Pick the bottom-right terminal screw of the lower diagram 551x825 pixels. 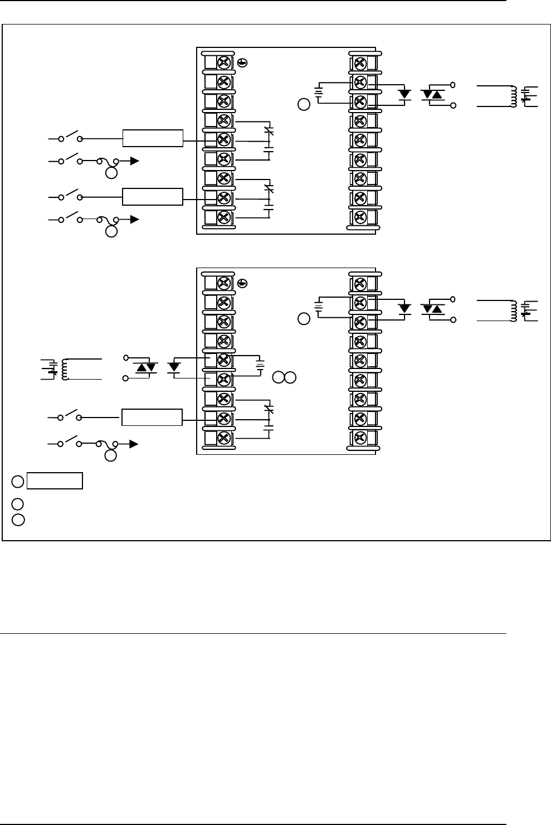360,438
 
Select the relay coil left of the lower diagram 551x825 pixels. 65,368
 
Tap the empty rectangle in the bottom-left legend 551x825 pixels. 55,481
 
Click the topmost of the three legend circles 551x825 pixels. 18,481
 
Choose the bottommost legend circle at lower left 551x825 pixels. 18,520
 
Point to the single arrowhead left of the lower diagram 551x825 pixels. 134,444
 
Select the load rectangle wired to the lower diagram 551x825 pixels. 152,416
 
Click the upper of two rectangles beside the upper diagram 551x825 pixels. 153,138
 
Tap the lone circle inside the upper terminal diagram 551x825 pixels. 304,104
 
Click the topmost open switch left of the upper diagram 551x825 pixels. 70,137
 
